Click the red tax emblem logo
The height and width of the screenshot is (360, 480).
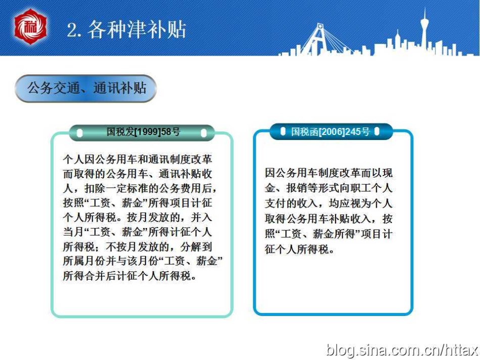pos(30,27)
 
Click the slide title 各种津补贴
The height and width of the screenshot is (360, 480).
pos(137,29)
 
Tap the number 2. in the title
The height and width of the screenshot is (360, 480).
pos(74,30)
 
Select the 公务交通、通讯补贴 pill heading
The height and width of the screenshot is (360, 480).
pos(86,88)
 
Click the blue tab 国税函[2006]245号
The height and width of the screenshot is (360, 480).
pos(330,132)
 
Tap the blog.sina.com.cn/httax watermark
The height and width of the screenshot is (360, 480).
pos(402,349)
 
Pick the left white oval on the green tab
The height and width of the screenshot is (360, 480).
pos(80,133)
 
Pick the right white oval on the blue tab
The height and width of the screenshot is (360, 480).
pos(377,131)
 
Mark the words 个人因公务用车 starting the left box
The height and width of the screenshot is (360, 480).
pos(100,159)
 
